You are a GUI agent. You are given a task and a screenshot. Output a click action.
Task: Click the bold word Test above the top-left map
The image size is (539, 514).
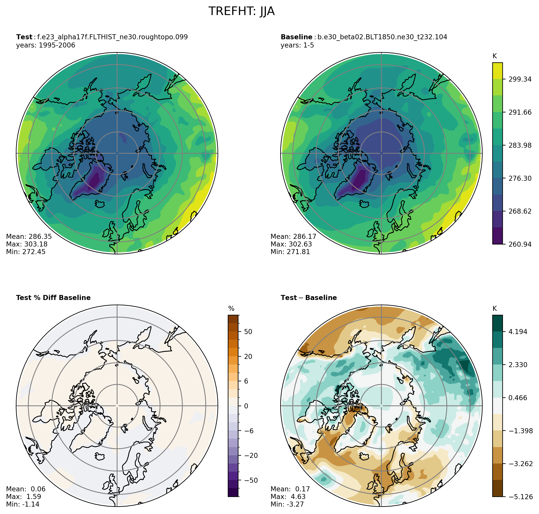click(x=24, y=37)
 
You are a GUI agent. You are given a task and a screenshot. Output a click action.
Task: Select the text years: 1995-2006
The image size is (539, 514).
click(x=46, y=45)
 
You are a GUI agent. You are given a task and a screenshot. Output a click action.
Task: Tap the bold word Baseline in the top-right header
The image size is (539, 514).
click(x=296, y=37)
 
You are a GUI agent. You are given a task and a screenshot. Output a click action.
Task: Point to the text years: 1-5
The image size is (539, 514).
click(x=297, y=45)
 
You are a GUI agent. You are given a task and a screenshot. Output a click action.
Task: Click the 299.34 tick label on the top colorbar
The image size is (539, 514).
click(x=520, y=79)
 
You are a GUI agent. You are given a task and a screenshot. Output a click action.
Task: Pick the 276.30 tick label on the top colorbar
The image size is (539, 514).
click(x=520, y=178)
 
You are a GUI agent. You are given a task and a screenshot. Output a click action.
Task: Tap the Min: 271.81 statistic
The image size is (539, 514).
click(x=290, y=252)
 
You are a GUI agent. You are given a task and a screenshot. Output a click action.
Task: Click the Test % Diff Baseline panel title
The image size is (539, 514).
click(x=53, y=298)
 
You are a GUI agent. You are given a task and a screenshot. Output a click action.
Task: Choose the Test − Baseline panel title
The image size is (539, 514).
click(x=309, y=298)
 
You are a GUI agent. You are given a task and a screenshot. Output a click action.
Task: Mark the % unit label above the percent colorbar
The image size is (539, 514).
click(x=231, y=309)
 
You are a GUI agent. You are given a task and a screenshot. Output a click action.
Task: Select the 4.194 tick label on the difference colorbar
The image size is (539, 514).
click(x=518, y=332)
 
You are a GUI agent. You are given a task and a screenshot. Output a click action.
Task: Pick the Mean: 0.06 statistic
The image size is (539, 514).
click(x=26, y=489)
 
